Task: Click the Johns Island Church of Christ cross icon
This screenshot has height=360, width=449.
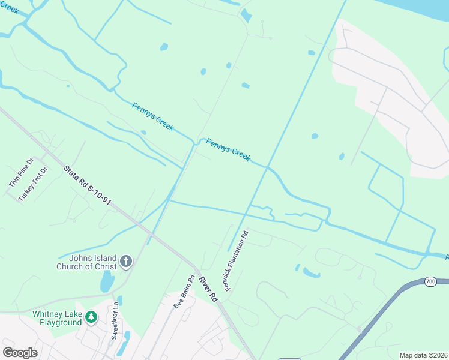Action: tap(125, 261)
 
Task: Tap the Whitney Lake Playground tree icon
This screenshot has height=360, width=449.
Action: tap(91, 316)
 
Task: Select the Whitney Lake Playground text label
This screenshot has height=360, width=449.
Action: tap(57, 318)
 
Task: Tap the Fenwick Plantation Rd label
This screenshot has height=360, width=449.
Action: tap(237, 259)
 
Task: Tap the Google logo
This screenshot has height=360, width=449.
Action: tap(20, 353)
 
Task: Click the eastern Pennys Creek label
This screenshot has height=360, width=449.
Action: tap(228, 149)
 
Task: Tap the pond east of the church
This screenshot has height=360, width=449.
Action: tap(107, 280)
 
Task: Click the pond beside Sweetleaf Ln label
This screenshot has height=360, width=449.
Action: tap(126, 342)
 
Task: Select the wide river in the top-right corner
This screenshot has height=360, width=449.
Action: tap(420, 9)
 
